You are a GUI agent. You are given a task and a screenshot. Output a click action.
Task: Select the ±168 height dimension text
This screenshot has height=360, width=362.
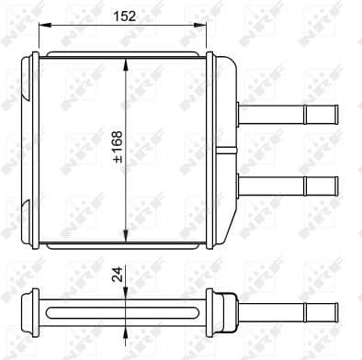(117, 148)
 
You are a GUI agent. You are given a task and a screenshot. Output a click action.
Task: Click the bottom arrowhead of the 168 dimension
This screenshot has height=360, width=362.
(126, 235)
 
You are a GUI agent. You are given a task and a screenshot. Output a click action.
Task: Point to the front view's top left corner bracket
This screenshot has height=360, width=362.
(33, 59)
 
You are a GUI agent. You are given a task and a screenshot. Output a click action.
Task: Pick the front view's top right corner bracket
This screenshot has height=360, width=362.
(221, 59)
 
